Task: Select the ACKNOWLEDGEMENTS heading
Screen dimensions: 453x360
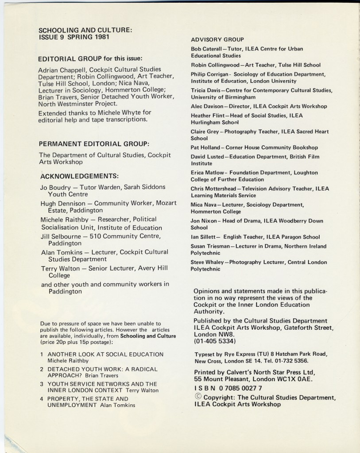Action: click(x=79, y=175)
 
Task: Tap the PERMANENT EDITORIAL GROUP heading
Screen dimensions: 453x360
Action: click(x=93, y=144)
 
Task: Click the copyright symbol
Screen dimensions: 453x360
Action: click(x=198, y=397)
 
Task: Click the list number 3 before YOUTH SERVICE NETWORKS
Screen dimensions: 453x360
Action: click(x=42, y=384)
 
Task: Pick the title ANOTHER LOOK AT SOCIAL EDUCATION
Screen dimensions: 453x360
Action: click(x=105, y=354)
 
